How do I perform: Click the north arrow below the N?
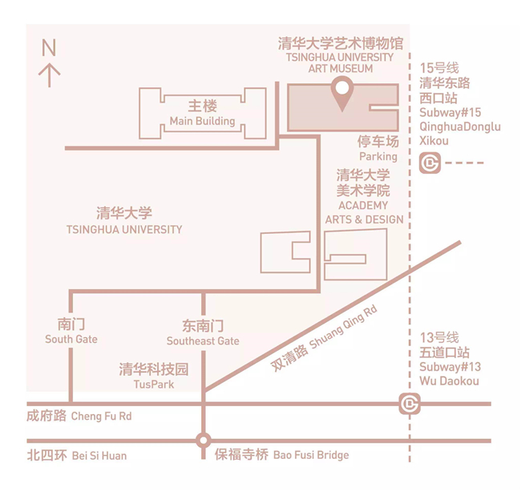(50, 75)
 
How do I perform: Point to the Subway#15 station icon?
(430, 163)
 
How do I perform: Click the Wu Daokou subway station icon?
(410, 404)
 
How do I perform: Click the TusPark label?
(154, 384)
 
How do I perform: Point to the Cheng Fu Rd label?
(101, 417)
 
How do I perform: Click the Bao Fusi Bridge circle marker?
(203, 441)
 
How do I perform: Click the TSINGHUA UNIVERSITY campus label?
(124, 229)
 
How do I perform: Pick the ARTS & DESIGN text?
(364, 219)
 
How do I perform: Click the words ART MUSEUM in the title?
(341, 69)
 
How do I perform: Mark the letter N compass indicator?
(49, 47)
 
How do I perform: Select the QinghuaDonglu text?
(460, 127)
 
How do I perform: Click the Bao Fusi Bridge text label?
(311, 455)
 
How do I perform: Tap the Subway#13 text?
(450, 367)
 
